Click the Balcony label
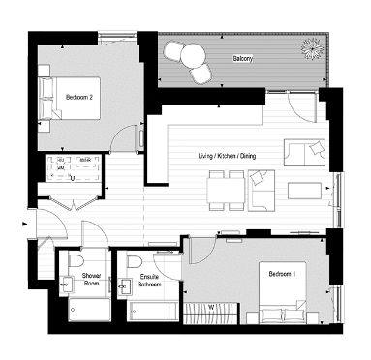coord(243,60)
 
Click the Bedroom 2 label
coord(79,98)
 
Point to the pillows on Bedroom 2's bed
coord(46,97)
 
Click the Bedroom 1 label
coord(282,275)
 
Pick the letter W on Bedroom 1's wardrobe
coord(211,309)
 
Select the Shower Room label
coord(92,280)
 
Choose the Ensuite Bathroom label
coord(149,282)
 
